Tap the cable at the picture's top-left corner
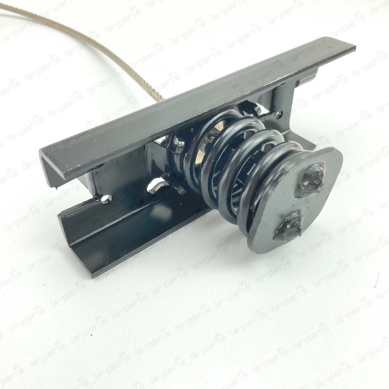point(8,8)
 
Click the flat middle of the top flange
point(194,101)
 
